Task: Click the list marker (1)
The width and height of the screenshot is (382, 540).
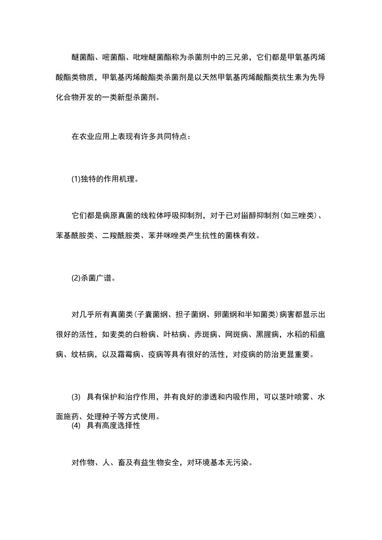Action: click(x=76, y=180)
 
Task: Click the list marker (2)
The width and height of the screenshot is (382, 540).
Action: click(x=76, y=278)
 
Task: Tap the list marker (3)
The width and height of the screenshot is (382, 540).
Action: click(x=76, y=397)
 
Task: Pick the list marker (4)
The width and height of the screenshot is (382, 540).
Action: click(x=76, y=425)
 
